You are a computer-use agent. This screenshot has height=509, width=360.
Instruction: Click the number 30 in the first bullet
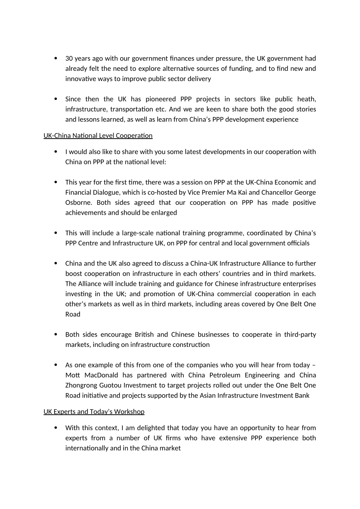point(69,58)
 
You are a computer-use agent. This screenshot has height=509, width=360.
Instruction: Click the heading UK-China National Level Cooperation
point(98,136)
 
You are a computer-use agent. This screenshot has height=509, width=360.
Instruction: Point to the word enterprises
point(298,284)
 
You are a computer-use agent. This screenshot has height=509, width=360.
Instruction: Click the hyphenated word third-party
point(300,334)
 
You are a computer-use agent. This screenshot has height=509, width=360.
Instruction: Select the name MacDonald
point(101,375)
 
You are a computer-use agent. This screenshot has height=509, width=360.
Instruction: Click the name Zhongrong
point(81,385)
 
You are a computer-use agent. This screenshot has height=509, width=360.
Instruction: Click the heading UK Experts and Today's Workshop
point(94,412)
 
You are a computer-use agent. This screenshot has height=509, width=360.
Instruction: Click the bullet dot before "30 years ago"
point(56,58)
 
